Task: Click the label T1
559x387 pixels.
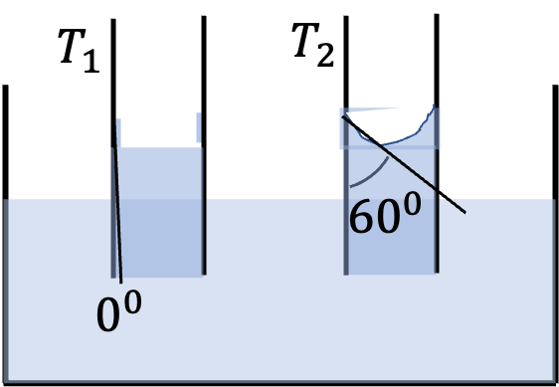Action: point(79,51)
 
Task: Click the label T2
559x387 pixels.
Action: point(313,46)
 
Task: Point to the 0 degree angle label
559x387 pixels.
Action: point(119,311)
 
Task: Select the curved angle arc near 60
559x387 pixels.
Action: point(374,176)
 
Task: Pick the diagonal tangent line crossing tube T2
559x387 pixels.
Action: point(404,164)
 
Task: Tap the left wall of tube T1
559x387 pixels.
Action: point(113,148)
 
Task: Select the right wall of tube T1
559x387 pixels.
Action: point(204,145)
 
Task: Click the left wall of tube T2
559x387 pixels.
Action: point(346,145)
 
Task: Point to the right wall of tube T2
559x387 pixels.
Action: point(437,143)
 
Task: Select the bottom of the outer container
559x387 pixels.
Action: point(279,383)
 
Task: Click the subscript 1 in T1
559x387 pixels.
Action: point(92,61)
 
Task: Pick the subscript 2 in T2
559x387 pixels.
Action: point(325,56)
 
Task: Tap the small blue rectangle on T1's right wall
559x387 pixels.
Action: point(199,127)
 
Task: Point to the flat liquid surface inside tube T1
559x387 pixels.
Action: point(159,147)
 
